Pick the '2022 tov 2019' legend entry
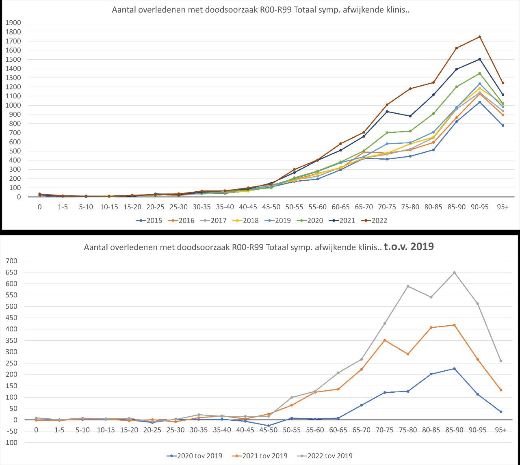329,456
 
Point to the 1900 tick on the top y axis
13,23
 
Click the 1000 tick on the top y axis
13,105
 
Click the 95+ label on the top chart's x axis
503,207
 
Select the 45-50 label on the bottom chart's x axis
268,430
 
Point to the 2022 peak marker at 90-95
479,37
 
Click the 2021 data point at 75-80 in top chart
410,116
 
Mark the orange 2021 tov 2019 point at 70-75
384,340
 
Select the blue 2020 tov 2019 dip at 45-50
268,426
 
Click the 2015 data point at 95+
503,125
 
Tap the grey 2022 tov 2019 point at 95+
501,361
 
